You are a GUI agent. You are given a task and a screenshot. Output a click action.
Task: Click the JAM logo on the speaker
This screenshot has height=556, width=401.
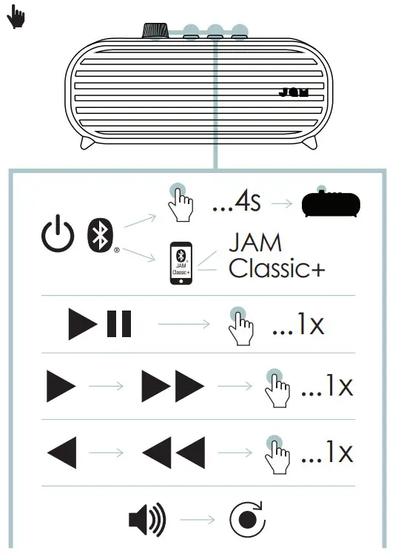point(297,94)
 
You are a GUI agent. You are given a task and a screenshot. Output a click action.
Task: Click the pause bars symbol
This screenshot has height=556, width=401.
point(120,325)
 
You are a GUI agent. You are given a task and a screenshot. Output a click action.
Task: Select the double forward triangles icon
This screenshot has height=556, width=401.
point(172,386)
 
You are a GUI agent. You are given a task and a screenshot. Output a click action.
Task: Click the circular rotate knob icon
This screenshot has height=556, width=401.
point(247,520)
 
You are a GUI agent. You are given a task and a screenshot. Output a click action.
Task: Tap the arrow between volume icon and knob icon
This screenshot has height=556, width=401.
point(196,520)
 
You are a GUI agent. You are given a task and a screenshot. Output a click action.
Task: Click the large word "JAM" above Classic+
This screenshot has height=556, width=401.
point(256,243)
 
